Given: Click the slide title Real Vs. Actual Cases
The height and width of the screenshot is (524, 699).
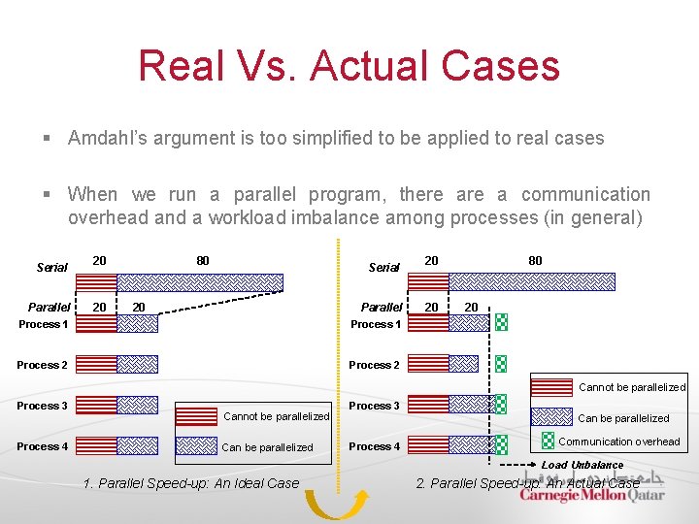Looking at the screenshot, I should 349,66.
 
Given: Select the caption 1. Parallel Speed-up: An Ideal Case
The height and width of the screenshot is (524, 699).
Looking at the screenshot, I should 191,482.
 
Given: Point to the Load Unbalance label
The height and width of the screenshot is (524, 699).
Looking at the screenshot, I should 582,465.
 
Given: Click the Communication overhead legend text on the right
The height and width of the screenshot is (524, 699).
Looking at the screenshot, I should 619,442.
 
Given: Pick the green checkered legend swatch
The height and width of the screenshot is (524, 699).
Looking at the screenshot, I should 549,442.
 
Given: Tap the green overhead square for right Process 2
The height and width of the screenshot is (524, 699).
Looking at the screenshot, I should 501,364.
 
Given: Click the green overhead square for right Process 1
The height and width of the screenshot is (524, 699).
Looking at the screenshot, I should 501,322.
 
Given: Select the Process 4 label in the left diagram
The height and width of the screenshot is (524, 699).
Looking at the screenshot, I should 42,446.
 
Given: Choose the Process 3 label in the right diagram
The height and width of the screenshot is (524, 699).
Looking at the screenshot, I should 374,406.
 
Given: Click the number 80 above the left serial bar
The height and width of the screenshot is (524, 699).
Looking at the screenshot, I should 202,260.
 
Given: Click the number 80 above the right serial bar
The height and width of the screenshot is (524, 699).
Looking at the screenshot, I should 535,260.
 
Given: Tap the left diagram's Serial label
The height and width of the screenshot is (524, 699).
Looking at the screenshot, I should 51,267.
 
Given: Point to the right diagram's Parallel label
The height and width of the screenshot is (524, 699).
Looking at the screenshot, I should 381,307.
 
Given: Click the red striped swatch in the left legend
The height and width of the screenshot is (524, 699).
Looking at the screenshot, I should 196,415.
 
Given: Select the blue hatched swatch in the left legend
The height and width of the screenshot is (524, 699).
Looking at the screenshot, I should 196,446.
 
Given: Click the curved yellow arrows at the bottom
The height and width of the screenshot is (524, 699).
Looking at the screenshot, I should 336,503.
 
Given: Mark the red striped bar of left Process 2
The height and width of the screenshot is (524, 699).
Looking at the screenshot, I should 96,364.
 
